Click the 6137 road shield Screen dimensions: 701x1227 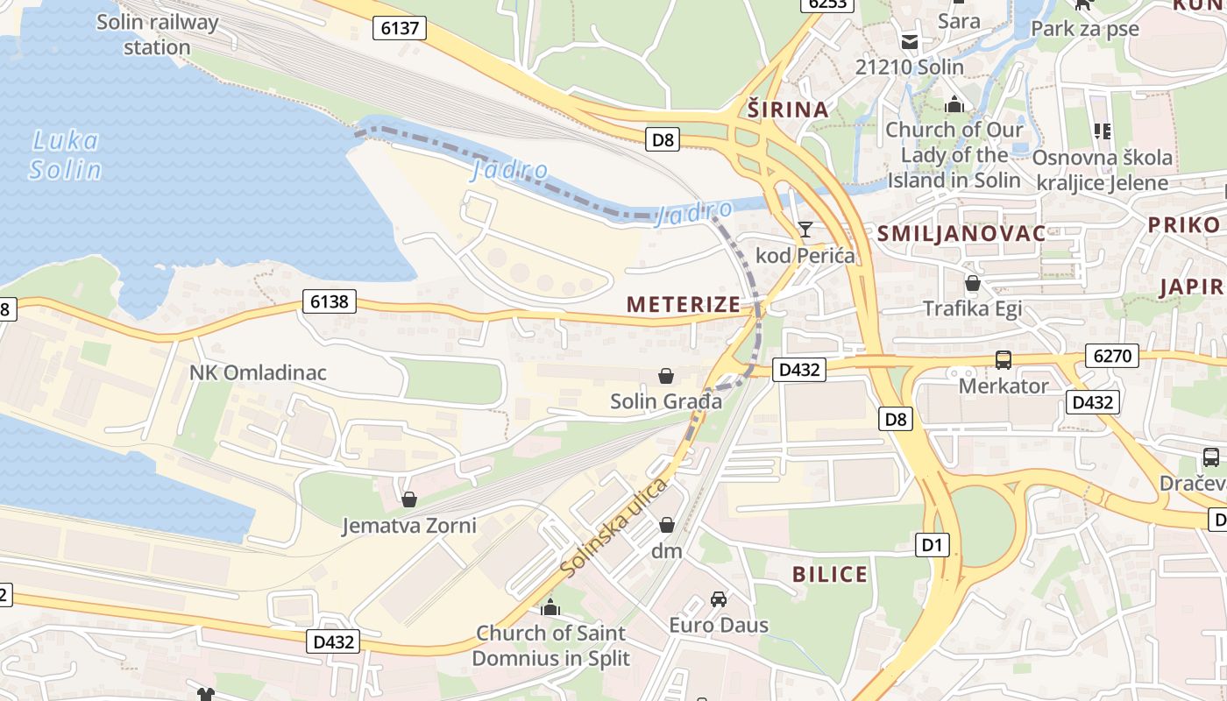click(x=400, y=28)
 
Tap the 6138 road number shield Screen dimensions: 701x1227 click(x=330, y=302)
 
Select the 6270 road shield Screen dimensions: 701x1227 click(x=1112, y=356)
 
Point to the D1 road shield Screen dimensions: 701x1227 click(x=932, y=546)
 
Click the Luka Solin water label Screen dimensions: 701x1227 click(x=65, y=154)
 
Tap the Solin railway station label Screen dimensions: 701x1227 click(x=157, y=34)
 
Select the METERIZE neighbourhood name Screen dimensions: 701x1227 click(x=684, y=304)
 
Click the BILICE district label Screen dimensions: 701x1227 click(x=830, y=575)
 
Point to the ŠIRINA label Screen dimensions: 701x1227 click(x=788, y=110)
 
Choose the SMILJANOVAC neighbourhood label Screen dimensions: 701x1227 click(x=961, y=233)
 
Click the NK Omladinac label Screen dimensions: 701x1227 click(x=258, y=372)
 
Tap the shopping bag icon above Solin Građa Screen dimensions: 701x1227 click(x=666, y=376)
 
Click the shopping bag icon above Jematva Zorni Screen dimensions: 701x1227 click(x=408, y=499)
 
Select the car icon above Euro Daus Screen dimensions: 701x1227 click(x=719, y=599)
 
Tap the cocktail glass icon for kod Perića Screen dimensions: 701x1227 click(x=805, y=230)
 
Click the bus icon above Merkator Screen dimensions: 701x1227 click(x=1003, y=360)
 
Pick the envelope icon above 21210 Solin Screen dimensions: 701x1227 click(x=909, y=41)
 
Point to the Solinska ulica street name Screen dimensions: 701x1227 click(x=613, y=528)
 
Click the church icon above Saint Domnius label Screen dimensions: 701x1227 click(x=550, y=606)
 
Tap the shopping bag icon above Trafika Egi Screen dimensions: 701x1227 click(x=972, y=283)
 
